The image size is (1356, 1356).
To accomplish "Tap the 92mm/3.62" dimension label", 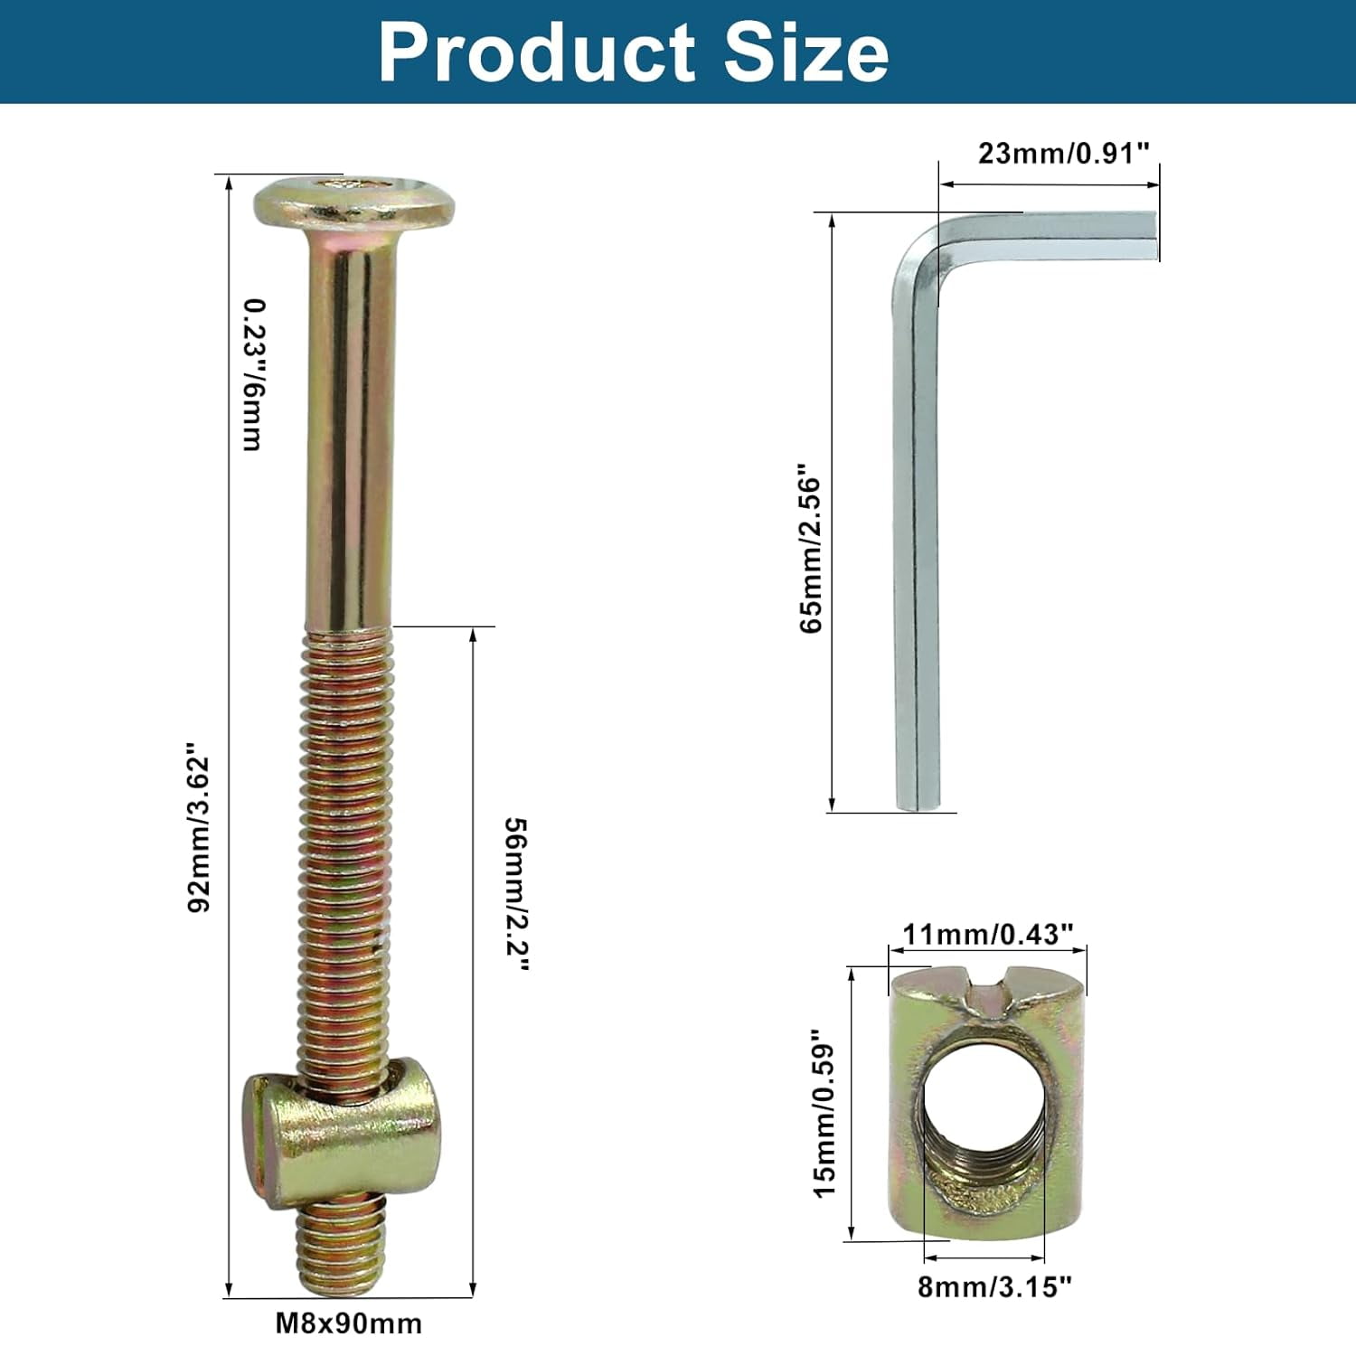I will coord(199,828).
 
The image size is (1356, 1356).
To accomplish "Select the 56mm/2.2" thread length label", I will coord(516,894).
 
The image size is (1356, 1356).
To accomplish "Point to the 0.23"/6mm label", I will coord(253,374).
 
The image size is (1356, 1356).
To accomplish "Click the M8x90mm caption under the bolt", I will coord(348,1323).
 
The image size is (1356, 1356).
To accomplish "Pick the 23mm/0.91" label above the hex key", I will coord(1063,154).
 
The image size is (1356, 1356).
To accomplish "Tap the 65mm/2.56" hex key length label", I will coord(811,549).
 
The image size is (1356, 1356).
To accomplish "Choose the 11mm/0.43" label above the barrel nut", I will coord(987,934).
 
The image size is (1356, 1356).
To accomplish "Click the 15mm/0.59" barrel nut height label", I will coord(824,1113).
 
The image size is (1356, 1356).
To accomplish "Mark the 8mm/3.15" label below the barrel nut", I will coord(994,1286).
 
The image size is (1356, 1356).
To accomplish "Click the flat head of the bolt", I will coord(353,203).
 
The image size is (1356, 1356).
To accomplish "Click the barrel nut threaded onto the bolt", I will coord(340,1125).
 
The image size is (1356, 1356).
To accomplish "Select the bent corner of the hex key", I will coord(918,258).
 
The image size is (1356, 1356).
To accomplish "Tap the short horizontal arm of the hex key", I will coord(1067,236).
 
